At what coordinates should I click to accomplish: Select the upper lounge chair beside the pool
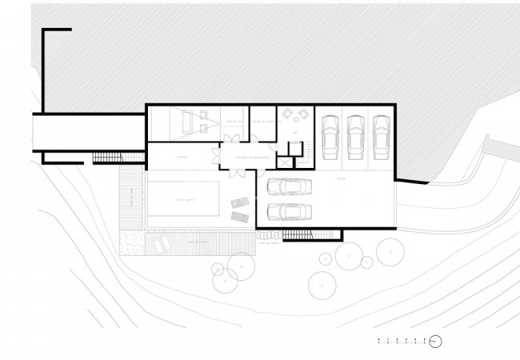(x=239, y=203)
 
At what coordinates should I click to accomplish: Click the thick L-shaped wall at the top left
(x=45, y=72)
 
